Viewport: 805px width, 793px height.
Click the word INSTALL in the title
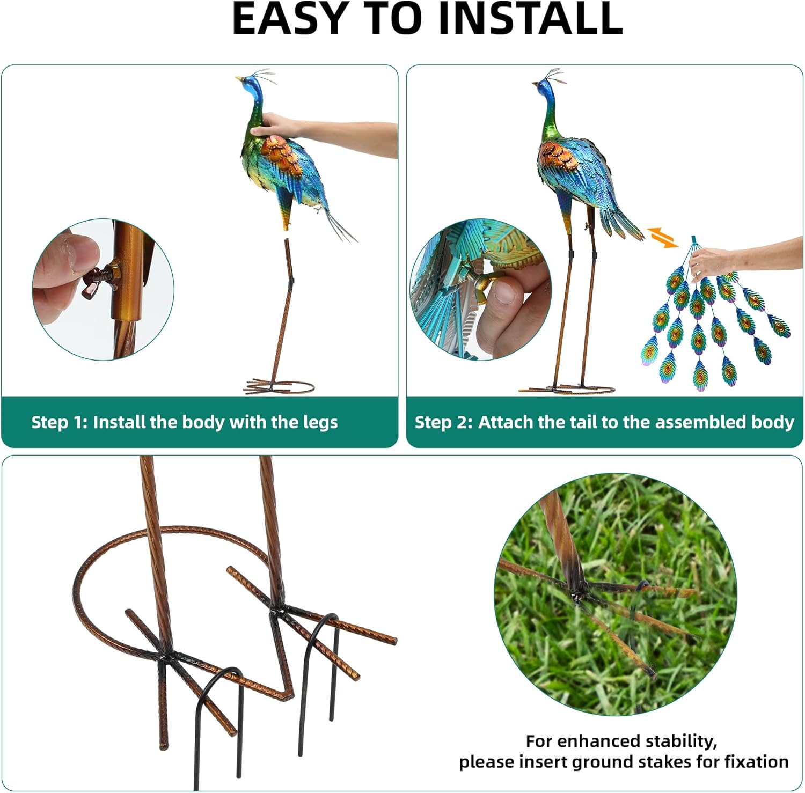coord(530,18)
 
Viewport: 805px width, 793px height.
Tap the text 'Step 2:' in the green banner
coord(443,422)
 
